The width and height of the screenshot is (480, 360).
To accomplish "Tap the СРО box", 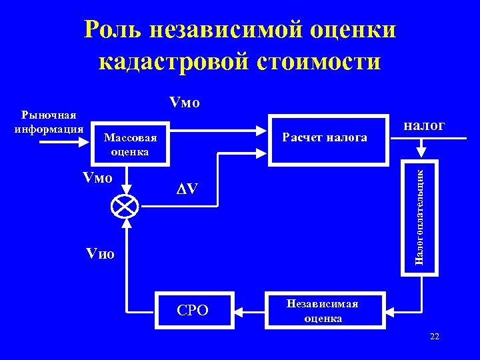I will pyautogui.click(x=192, y=311).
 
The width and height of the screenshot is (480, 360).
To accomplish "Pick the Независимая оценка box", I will pyautogui.click(x=324, y=311).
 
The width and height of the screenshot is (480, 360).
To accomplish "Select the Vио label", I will pyautogui.click(x=101, y=254).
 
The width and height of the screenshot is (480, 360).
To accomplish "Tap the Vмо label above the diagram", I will pyautogui.click(x=184, y=103).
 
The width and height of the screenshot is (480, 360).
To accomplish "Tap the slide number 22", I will pyautogui.click(x=435, y=337).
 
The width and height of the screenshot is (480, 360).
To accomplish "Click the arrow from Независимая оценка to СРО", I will pyautogui.click(x=247, y=311).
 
